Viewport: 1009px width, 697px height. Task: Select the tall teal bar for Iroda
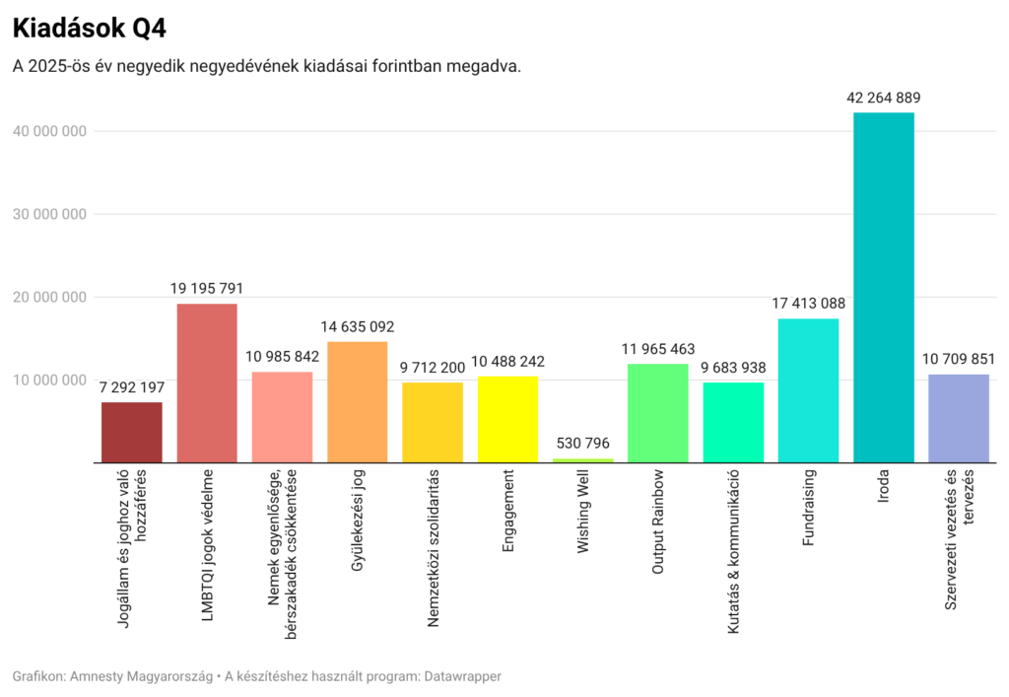(x=883, y=286)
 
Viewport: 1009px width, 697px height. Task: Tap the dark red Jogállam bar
(x=132, y=432)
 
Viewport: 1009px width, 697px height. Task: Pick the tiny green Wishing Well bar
(x=582, y=460)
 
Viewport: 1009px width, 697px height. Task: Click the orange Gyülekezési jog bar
(x=358, y=401)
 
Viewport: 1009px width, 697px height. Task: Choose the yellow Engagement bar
(x=507, y=419)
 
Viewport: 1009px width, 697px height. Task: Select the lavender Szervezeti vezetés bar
(x=959, y=418)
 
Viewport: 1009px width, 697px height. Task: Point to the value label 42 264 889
(x=883, y=98)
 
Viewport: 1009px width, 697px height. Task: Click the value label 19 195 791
(x=207, y=289)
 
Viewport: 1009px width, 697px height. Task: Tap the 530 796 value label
(x=582, y=444)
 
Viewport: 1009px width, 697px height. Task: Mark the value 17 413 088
(x=808, y=304)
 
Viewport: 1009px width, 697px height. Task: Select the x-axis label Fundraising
(x=808, y=509)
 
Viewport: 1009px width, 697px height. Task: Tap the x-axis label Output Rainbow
(x=658, y=523)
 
